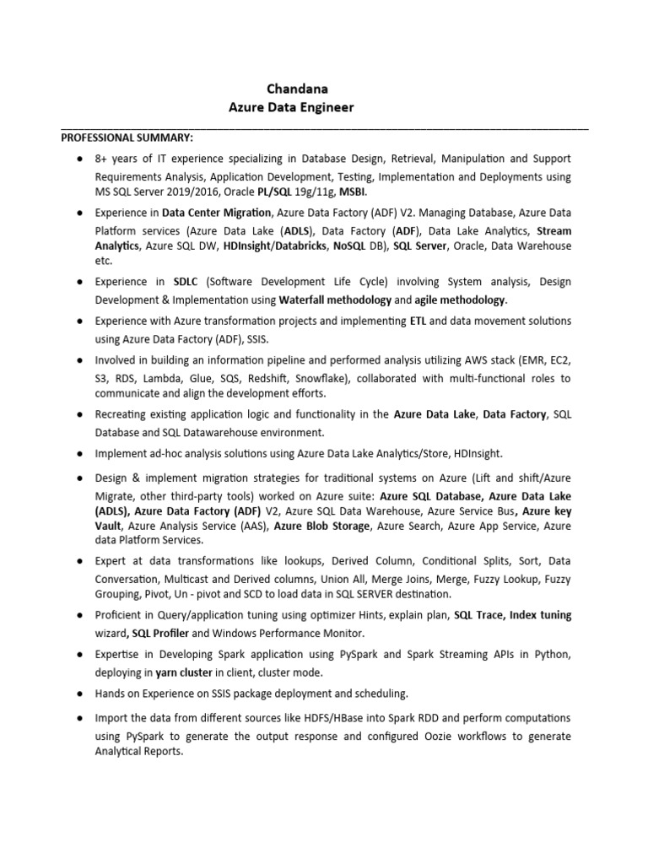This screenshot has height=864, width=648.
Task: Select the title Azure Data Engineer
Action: coord(291,107)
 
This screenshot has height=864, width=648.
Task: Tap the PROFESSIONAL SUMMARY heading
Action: coord(126,137)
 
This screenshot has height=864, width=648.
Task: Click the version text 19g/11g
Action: coord(311,192)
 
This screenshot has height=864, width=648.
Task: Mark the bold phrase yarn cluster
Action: coord(184,672)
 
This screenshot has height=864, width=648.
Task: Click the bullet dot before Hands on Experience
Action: coord(78,694)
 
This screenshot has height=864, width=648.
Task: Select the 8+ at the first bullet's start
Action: coord(102,159)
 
